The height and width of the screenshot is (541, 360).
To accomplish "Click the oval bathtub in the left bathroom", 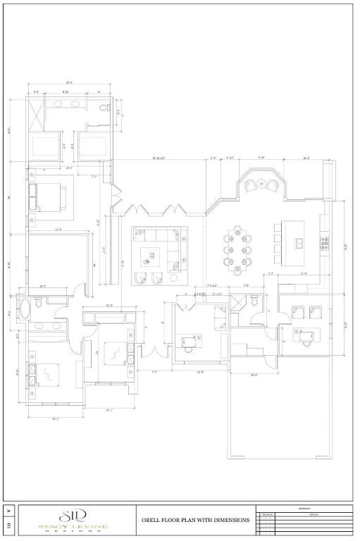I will click(x=25, y=308).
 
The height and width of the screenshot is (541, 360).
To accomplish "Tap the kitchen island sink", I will click(x=299, y=242).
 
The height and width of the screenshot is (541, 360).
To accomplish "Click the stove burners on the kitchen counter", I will click(x=325, y=243).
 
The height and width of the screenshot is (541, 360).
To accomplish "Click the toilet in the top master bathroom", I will click(x=104, y=108).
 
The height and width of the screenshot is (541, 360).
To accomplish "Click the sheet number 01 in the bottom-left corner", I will click(x=8, y=525).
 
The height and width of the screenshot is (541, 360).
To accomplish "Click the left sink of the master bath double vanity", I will click(x=58, y=104).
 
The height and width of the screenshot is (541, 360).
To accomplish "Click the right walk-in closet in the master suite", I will click(x=92, y=145).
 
